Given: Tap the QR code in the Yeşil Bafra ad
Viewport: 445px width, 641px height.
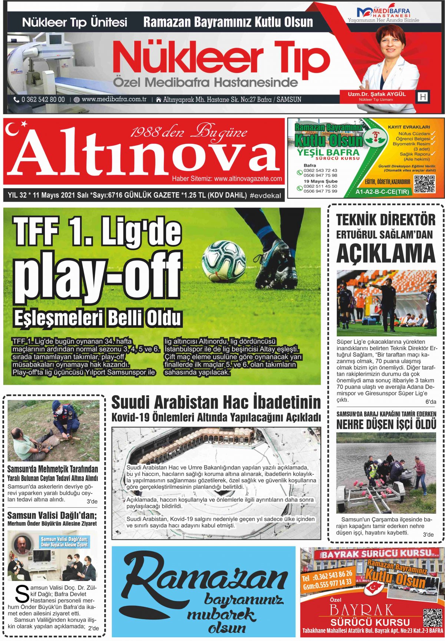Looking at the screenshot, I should (x=424, y=184).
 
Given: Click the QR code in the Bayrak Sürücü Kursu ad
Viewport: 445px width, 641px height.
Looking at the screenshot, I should (x=432, y=617).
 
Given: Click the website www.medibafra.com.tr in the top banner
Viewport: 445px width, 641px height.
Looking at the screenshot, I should (x=114, y=99).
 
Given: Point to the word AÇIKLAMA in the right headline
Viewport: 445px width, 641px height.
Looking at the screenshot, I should (x=386, y=253).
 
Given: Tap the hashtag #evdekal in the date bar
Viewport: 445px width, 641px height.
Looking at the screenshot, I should (x=266, y=196).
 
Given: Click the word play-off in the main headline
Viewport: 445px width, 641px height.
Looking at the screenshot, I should (x=98, y=278).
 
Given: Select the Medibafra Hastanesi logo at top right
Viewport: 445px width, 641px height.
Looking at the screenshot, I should (x=384, y=14).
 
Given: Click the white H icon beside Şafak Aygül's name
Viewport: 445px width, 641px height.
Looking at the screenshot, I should (x=423, y=97).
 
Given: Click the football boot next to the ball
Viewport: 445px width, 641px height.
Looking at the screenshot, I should (x=276, y=265).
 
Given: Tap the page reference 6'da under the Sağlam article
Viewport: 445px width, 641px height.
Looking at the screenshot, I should (x=431, y=402).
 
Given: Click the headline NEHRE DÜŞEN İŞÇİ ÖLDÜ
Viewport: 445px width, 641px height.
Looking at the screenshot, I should (x=386, y=425).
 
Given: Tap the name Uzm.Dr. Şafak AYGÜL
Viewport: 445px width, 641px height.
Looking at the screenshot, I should (x=376, y=94).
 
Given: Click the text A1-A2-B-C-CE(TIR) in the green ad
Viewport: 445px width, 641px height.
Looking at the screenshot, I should (x=382, y=192).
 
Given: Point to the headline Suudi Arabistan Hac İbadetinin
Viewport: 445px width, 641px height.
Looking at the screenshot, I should (x=216, y=402).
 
